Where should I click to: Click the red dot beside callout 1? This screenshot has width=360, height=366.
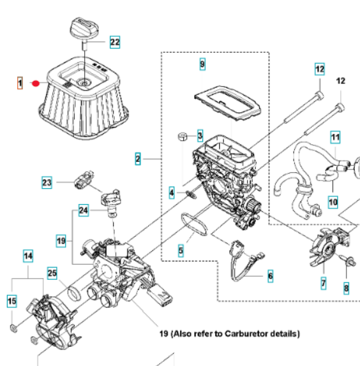tap(36, 84)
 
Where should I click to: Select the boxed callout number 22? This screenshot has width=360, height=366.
tap(115, 42)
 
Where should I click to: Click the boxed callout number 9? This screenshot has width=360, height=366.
tap(202, 64)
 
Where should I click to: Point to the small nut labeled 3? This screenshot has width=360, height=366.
tap(183, 136)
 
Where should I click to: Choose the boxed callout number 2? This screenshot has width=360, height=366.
tap(138, 159)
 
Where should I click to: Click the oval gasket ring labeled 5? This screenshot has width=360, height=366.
tap(194, 224)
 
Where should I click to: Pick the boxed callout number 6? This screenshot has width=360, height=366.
tap(270, 276)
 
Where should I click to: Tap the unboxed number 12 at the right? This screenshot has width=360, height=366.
tap(341, 81)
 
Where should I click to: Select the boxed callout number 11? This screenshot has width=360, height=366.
tap(335, 137)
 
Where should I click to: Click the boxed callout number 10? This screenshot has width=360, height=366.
tap(333, 202)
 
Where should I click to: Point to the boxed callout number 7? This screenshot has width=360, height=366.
tap(324, 283)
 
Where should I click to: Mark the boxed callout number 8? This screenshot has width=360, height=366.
tap(346, 288)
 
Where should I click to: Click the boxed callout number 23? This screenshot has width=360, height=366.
tap(47, 182)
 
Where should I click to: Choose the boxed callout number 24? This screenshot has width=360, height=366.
tap(84, 210)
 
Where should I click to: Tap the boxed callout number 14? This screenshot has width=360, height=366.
tap(28, 256)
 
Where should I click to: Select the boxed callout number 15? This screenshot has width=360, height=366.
tap(12, 301)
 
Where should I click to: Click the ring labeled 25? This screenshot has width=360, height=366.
tap(75, 294)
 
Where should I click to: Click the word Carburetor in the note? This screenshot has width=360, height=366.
tap(247, 333)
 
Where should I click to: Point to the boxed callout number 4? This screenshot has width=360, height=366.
tap(172, 193)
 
